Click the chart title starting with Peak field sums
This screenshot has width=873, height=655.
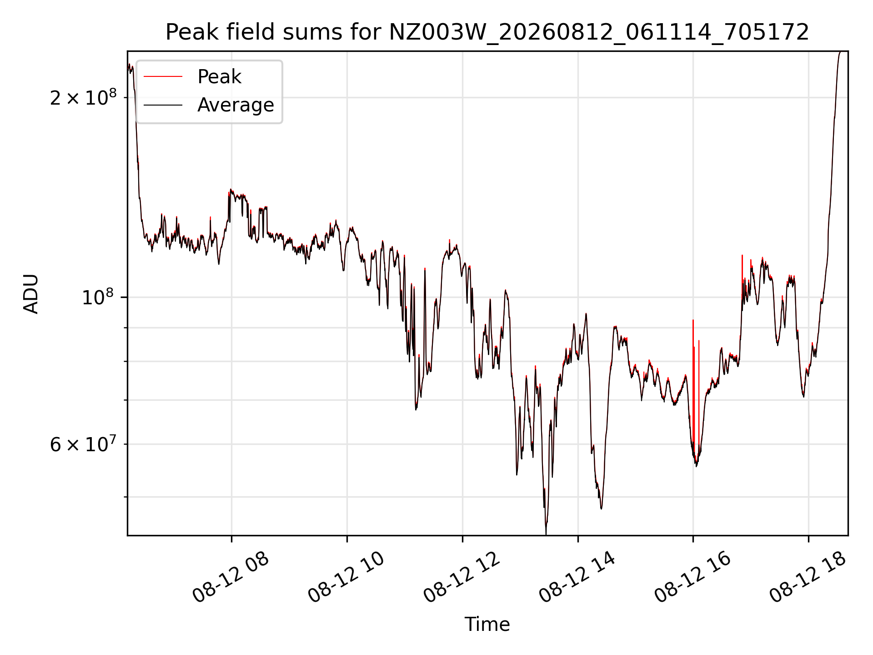[x=487, y=32]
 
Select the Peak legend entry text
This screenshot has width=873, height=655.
[x=219, y=77]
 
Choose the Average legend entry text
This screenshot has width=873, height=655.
[x=236, y=105]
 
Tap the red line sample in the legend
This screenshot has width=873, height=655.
[x=163, y=77]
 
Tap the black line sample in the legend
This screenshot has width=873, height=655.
[x=163, y=105]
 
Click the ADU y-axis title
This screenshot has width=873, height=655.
[x=31, y=294]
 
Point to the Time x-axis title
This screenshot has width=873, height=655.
[x=487, y=625]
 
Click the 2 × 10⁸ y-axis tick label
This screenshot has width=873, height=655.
[x=83, y=97]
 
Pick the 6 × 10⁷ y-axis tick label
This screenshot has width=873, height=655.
[x=83, y=443]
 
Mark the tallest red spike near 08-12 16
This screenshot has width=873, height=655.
[x=693, y=320]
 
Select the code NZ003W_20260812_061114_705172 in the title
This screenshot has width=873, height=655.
[x=599, y=33]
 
